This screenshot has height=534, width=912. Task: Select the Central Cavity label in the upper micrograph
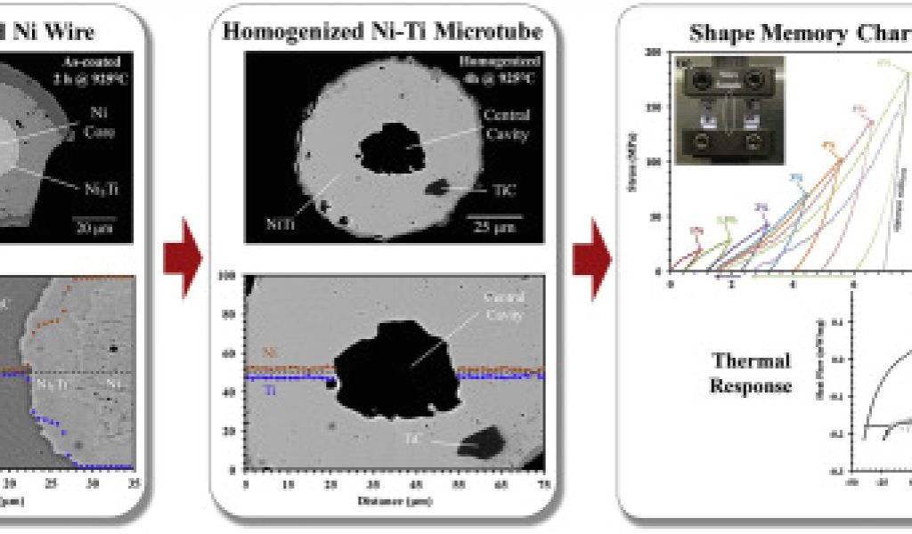click(505, 125)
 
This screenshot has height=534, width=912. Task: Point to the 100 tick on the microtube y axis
click(229, 278)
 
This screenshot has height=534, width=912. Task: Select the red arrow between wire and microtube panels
click(183, 259)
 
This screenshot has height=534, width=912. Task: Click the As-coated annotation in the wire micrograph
click(96, 69)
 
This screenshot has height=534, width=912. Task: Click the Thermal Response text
click(751, 373)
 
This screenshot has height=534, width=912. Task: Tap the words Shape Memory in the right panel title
click(754, 33)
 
